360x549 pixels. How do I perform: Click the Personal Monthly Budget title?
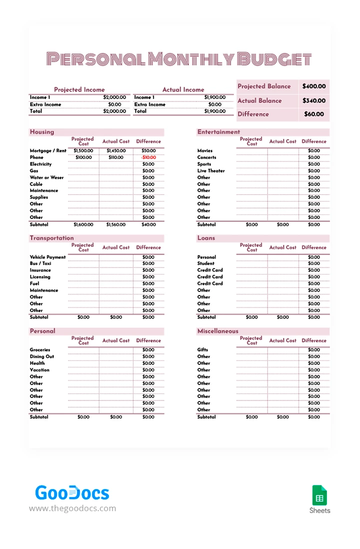tap(179, 59)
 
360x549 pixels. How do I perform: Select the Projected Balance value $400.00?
tap(314, 86)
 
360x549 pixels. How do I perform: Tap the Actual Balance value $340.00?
tap(314, 100)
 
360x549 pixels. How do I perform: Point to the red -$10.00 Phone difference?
tap(148, 157)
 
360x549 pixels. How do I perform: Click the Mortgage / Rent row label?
tap(48, 150)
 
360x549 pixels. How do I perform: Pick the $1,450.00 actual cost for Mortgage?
tap(115, 150)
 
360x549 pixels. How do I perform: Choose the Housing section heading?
tap(42, 132)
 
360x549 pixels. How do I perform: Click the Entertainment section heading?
tap(218, 132)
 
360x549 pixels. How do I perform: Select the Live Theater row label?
tap(211, 171)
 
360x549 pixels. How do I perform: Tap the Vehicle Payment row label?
tap(47, 257)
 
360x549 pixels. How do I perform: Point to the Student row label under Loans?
tap(205, 263)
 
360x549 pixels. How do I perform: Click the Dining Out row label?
tap(42, 356)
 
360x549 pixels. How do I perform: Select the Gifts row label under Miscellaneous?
tap(202, 350)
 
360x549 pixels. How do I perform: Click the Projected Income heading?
tap(79, 89)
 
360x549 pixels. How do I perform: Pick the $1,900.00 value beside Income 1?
tap(214, 97)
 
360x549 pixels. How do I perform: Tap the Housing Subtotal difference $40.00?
tap(148, 225)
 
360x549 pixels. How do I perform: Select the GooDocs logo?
tap(72, 493)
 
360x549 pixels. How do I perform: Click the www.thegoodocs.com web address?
tap(72, 508)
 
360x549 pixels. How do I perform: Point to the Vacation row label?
tap(39, 370)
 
